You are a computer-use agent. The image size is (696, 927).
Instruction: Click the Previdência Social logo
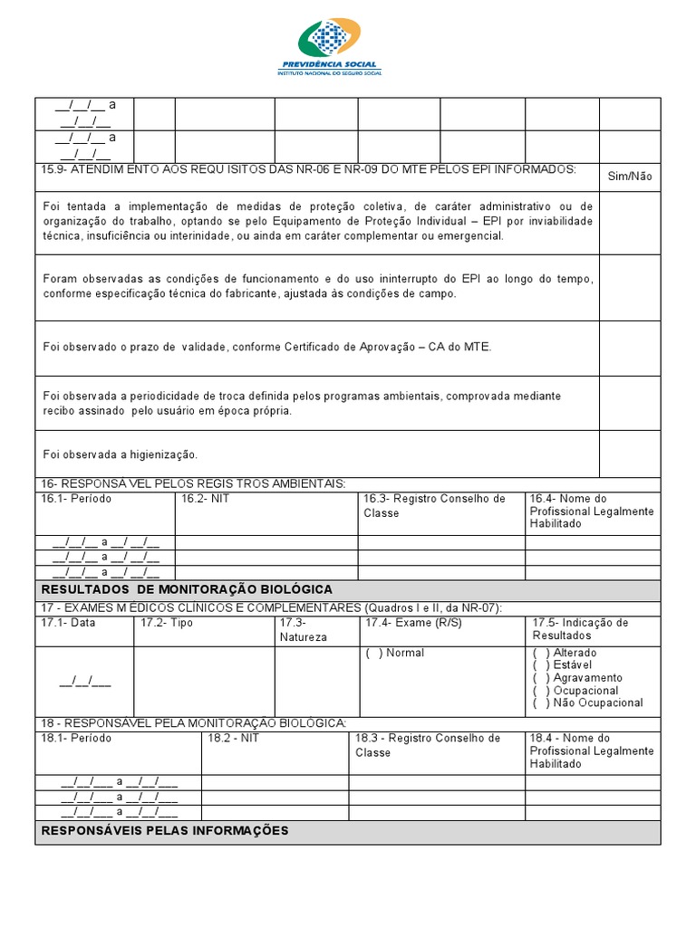330,46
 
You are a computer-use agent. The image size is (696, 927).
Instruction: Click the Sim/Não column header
629,177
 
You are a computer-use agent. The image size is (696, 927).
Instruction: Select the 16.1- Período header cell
72,499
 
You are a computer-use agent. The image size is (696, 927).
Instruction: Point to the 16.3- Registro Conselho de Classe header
434,505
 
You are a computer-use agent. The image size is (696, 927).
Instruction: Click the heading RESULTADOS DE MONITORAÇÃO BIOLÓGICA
188,589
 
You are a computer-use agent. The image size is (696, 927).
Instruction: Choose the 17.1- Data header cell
68,623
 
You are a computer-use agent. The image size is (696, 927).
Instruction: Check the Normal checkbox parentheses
373,653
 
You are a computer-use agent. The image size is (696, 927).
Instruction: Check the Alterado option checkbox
541,653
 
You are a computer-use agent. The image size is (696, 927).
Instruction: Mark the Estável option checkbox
541,665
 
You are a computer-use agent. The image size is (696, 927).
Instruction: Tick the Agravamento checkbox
541,678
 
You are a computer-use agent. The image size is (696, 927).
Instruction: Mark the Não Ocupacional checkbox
541,702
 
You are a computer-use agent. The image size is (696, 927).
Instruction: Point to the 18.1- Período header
76,739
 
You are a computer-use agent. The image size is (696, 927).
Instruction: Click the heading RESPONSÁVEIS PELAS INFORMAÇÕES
165,830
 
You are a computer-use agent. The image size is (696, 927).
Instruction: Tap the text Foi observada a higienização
120,454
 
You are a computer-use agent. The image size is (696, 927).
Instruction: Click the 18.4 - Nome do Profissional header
591,750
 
